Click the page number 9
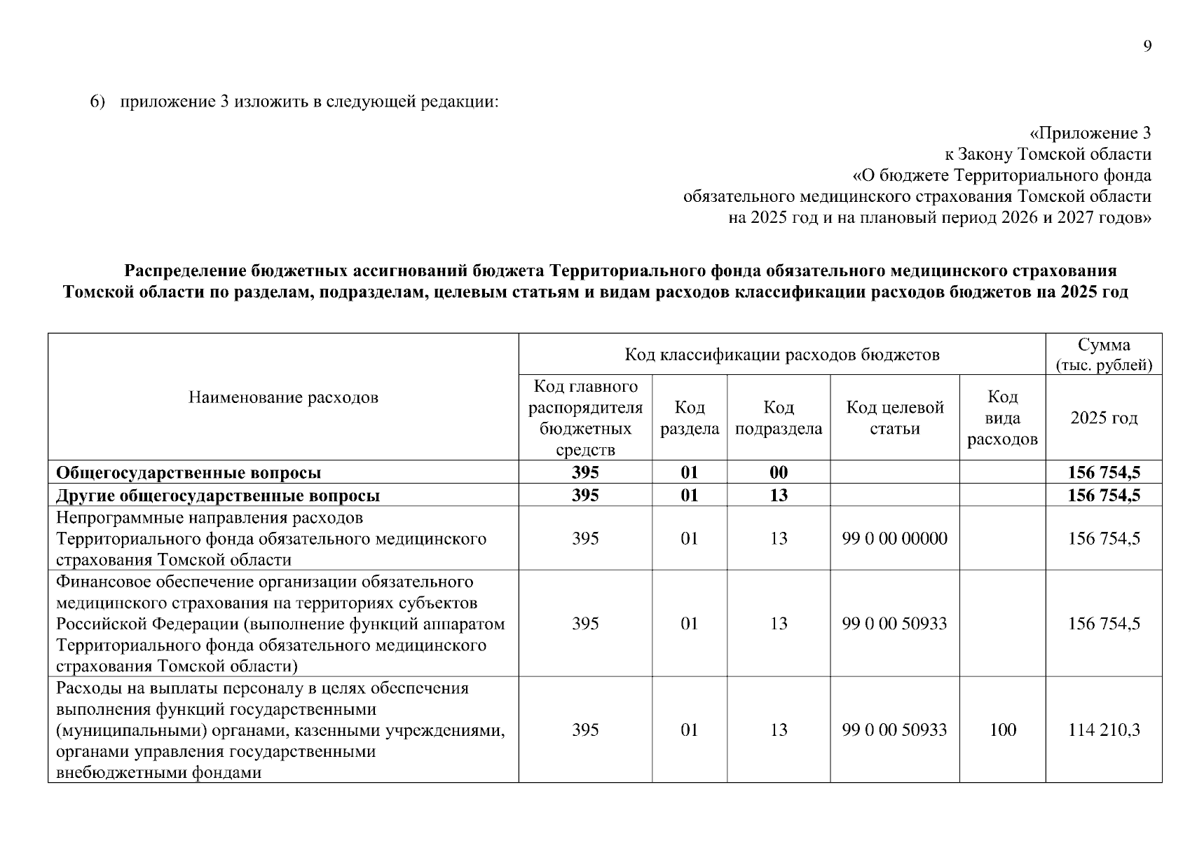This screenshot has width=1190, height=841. click(x=1147, y=46)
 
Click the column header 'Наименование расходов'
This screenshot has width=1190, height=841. click(x=283, y=397)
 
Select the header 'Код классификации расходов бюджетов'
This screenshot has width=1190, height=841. click(x=781, y=355)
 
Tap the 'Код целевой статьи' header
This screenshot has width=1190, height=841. click(x=895, y=418)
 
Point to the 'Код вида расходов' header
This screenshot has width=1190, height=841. click(x=1002, y=418)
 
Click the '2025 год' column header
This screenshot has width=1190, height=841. click(x=1103, y=418)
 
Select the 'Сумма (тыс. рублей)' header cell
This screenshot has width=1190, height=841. click(x=1104, y=355)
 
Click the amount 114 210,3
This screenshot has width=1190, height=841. click(x=1103, y=730)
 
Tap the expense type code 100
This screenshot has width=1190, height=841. click(x=1002, y=730)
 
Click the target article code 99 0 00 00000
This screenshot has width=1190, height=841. click(x=894, y=538)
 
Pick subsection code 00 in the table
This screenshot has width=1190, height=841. click(x=778, y=472)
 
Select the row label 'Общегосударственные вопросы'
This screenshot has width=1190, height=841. click(x=189, y=472)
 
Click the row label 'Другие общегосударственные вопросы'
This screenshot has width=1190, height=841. click(x=218, y=495)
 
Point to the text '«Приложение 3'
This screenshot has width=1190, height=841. click(x=1090, y=133)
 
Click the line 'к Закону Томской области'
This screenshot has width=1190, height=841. click(x=1047, y=154)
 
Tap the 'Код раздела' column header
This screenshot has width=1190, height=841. click(x=690, y=418)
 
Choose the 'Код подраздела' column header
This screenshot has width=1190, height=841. click(x=778, y=418)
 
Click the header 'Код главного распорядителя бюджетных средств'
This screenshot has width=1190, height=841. click(x=585, y=418)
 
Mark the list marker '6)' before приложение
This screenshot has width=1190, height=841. click(x=97, y=102)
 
